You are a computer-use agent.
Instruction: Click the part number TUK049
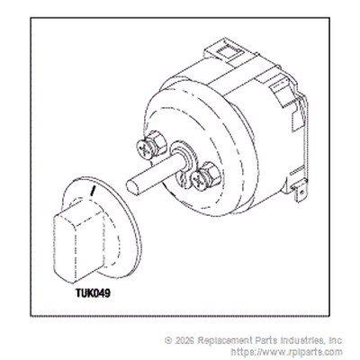click(x=93, y=292)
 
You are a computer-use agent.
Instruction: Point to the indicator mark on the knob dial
click(x=93, y=191)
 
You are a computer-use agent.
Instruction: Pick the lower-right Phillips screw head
click(x=199, y=180)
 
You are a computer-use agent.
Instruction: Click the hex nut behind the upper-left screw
click(x=156, y=141)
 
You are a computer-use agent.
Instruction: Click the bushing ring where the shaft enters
click(x=184, y=156)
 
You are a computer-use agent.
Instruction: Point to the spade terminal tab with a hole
click(x=300, y=192)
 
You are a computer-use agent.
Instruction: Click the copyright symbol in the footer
click(x=168, y=340)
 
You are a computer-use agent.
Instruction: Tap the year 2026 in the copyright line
click(x=184, y=340)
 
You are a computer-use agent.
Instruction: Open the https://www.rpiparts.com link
click(x=286, y=352)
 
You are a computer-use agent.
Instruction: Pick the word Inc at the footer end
click(x=335, y=340)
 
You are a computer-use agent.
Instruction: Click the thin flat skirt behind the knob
click(x=132, y=228)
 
